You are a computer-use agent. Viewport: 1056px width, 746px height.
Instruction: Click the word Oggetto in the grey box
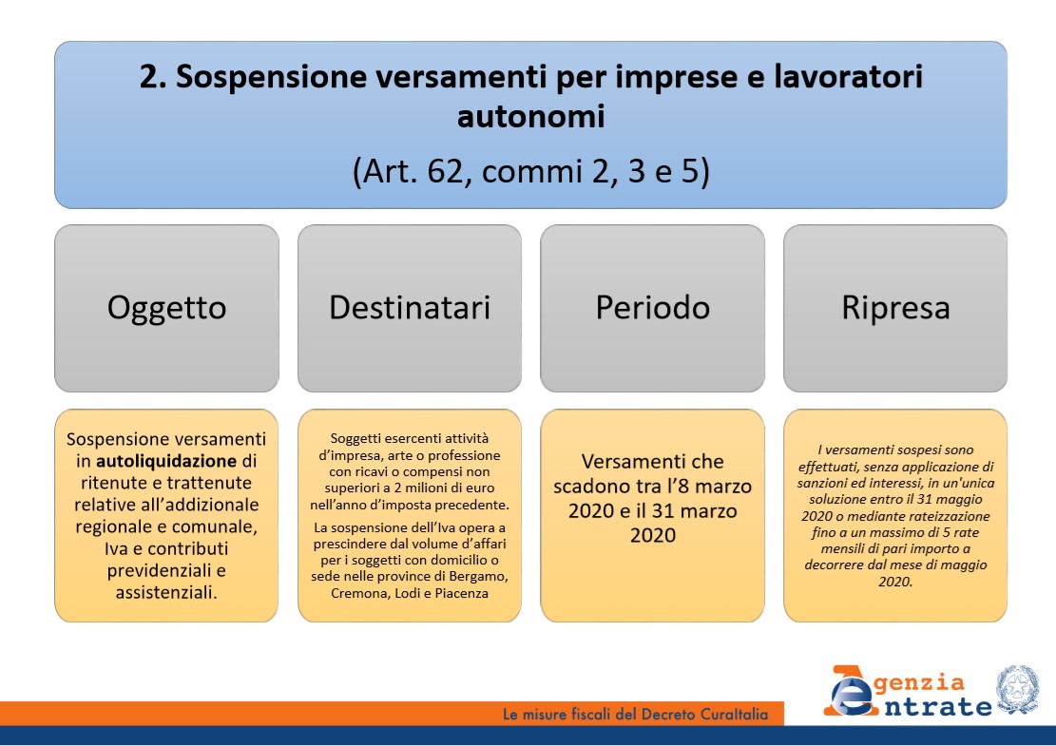166,308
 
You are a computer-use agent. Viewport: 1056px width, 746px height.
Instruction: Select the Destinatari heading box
410,308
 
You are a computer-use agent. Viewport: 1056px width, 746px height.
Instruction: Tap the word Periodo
653,308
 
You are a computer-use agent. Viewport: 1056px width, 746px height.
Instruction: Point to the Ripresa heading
895,308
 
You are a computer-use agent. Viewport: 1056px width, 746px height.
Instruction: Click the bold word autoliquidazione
166,461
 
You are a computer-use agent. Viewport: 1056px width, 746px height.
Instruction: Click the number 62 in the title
445,171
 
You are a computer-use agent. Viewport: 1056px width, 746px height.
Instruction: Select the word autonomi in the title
530,116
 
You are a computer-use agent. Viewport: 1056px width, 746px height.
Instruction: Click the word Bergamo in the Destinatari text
480,577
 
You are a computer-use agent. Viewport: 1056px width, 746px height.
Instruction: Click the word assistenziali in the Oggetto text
166,592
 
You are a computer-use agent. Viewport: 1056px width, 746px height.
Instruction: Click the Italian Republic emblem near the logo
1018,689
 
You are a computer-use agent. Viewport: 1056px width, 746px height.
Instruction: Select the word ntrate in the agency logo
937,707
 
